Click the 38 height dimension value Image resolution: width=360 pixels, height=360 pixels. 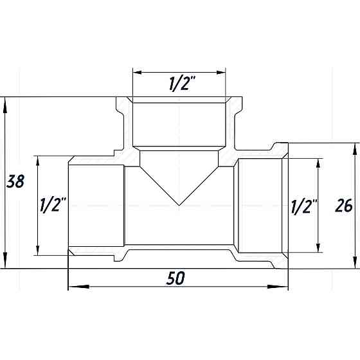(x=15, y=182)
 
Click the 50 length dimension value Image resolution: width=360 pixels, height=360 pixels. (x=176, y=278)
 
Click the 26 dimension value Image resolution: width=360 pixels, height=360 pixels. (x=344, y=206)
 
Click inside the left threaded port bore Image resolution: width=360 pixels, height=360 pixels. (x=96, y=206)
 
